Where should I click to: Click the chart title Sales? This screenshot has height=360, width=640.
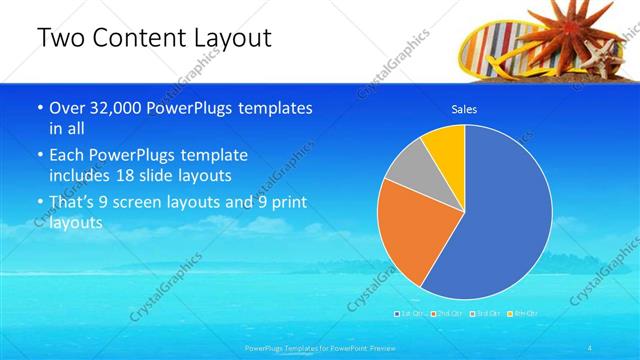click(464, 108)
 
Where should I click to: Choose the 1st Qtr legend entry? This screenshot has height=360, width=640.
click(411, 314)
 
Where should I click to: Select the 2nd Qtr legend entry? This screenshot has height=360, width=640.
click(449, 314)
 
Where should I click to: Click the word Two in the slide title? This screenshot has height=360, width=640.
click(63, 39)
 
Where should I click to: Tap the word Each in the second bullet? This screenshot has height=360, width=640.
click(68, 155)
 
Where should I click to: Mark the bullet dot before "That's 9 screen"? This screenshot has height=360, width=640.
click(39, 203)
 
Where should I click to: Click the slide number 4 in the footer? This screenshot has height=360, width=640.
click(591, 348)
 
